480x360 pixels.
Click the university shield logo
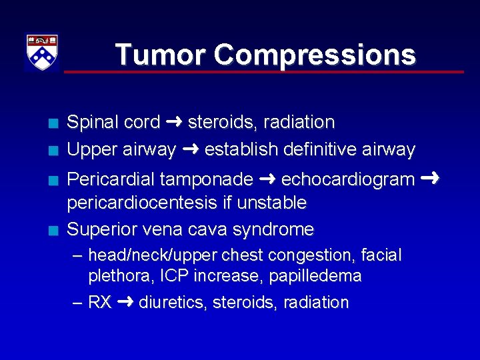point(42,53)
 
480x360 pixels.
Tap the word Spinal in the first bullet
point(90,123)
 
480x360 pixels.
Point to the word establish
point(241,149)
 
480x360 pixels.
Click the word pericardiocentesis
point(140,203)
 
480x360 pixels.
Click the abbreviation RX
point(100,303)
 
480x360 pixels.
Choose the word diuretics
point(173,303)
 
